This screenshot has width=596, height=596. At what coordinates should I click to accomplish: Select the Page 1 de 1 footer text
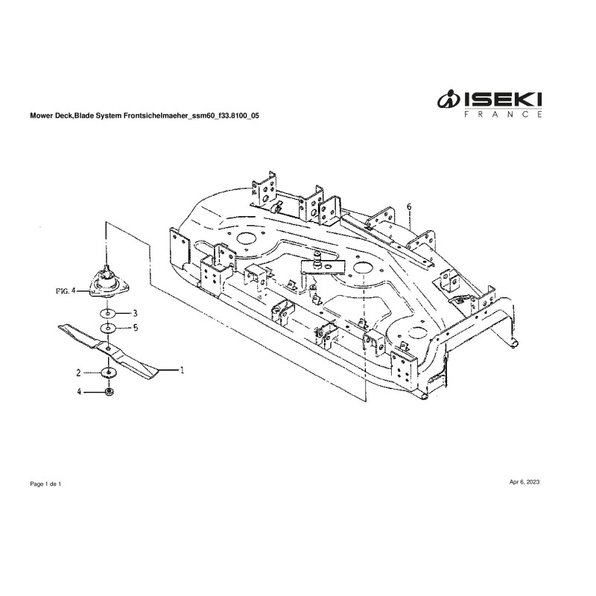coord(45,484)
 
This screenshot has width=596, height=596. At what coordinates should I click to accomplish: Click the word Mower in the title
coord(41,117)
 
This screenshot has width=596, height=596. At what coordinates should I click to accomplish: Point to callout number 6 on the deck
coord(409,206)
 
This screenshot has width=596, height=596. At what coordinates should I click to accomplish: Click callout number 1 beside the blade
coord(181,368)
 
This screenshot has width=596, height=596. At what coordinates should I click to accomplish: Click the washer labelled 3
coord(107,313)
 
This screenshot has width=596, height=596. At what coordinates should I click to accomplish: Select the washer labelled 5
coord(107,328)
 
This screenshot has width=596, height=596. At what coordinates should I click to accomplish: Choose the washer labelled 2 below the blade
coord(109,372)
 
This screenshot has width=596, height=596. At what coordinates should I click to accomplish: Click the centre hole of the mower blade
coord(109,348)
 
